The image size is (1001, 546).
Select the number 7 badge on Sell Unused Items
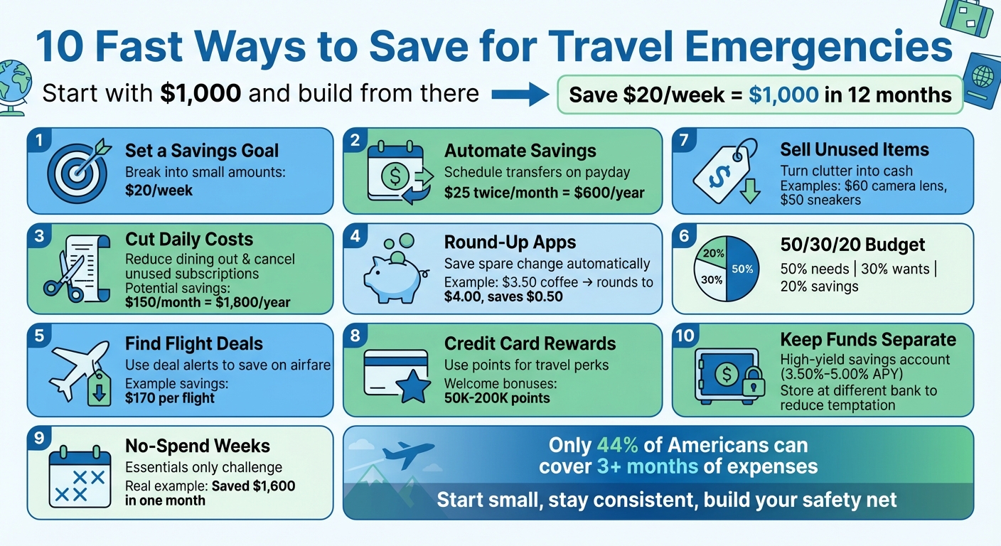point(683,140)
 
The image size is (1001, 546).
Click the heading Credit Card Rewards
point(530,343)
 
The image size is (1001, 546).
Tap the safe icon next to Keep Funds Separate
point(725,376)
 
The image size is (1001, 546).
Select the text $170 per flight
point(169,397)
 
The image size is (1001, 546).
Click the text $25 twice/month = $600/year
point(544,192)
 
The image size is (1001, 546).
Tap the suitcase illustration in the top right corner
point(968,18)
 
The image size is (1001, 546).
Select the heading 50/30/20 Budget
point(852,245)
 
